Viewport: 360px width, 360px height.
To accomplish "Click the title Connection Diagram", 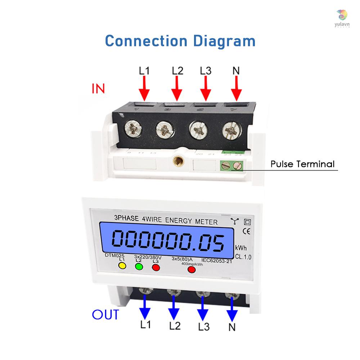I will [180, 41].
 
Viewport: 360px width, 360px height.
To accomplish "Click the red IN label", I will [98, 89].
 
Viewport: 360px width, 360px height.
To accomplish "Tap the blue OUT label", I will [105, 315].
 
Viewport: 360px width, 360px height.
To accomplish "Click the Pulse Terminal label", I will [302, 165].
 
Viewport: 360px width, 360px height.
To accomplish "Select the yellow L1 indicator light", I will [122, 266].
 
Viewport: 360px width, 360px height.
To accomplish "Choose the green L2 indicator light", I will [139, 267].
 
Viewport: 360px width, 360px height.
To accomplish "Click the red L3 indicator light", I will [156, 267].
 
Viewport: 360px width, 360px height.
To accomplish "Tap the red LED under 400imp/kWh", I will [192, 269].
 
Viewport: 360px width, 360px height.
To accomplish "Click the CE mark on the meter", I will [247, 231].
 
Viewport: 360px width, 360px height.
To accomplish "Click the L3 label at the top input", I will [205, 71].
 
